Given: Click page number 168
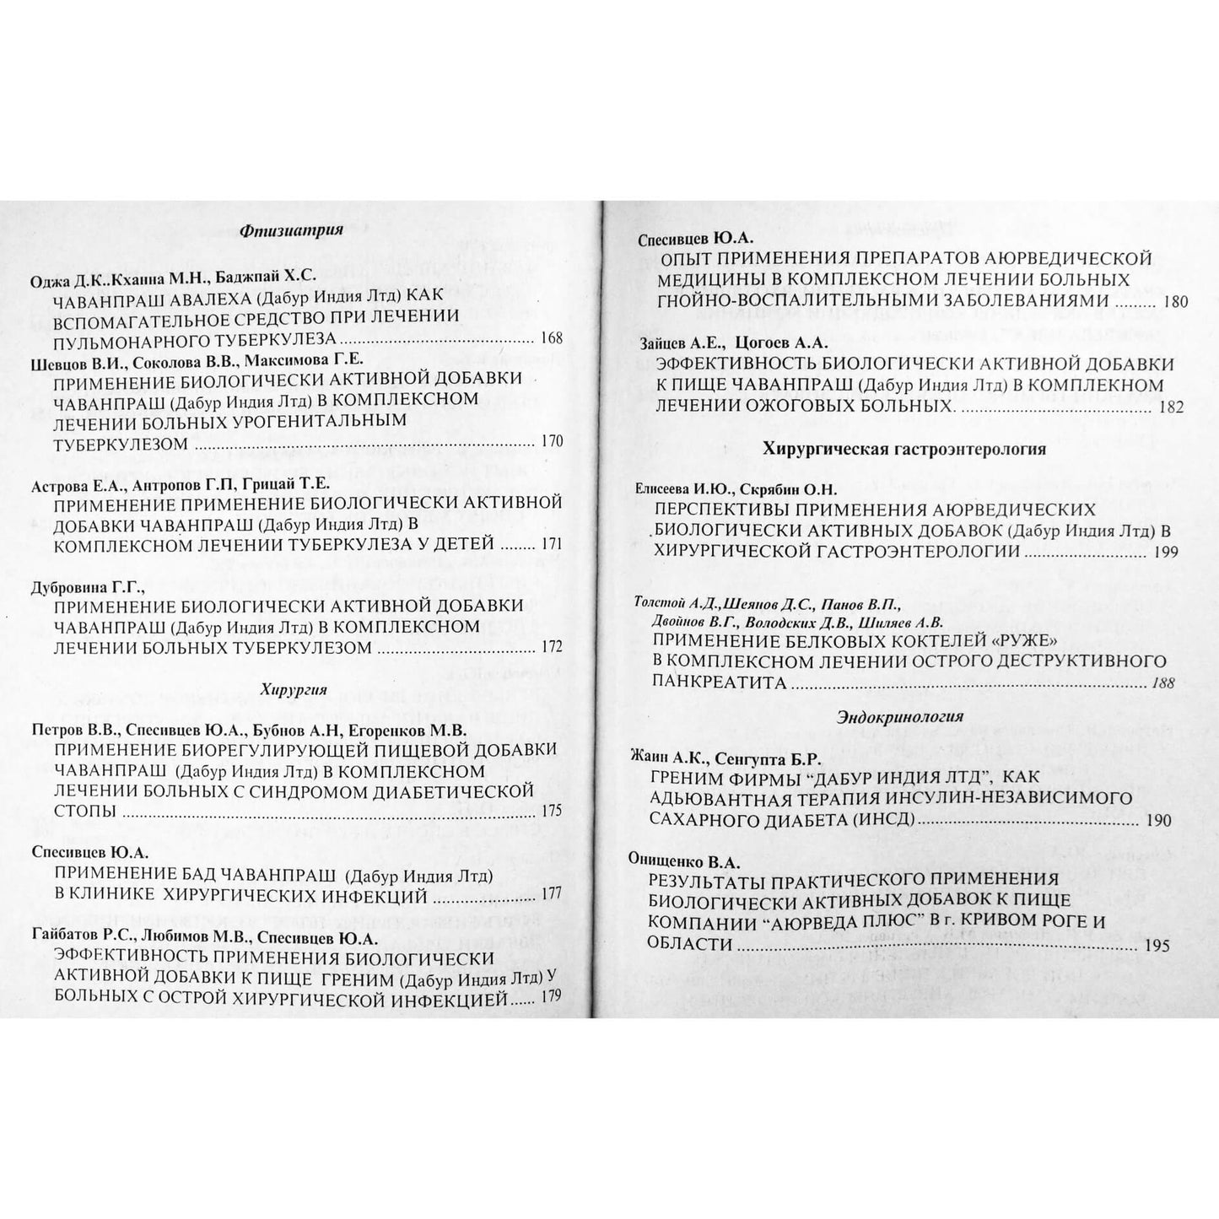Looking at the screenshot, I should coord(551,339).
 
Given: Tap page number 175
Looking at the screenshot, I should coord(551,812).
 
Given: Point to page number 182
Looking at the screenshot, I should coord(1172,407).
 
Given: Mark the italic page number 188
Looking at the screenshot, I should coord(1162,683).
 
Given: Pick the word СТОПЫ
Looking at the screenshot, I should coord(85,812).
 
